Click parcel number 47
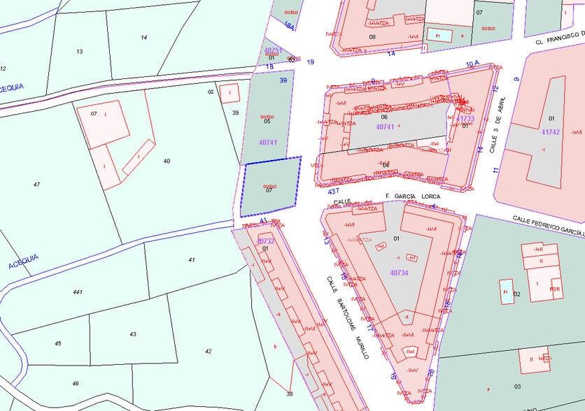(36, 184)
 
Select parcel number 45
(58, 343)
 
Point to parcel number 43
(132, 334)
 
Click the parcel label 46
(76, 384)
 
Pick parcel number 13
(79, 52)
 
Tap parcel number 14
(144, 37)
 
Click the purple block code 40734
(399, 273)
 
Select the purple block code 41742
(551, 131)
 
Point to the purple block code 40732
(266, 241)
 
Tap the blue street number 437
(333, 191)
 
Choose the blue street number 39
(283, 80)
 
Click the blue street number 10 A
(472, 64)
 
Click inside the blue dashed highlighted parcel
(270, 186)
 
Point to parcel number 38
(290, 394)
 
